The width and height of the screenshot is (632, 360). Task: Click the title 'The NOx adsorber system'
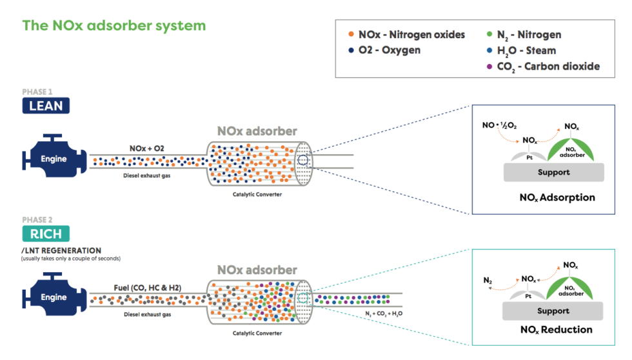(114, 26)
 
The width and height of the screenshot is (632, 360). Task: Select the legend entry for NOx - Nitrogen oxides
(406, 35)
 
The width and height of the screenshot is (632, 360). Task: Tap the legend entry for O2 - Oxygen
(384, 50)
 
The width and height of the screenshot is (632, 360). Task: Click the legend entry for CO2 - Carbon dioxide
(539, 66)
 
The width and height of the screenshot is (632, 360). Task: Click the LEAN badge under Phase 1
(46, 106)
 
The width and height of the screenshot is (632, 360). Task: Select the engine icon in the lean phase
(53, 159)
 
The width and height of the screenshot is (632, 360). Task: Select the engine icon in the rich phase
(53, 297)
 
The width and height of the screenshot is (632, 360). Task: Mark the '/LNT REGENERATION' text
(61, 250)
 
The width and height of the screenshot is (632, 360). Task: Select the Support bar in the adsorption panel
(553, 172)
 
